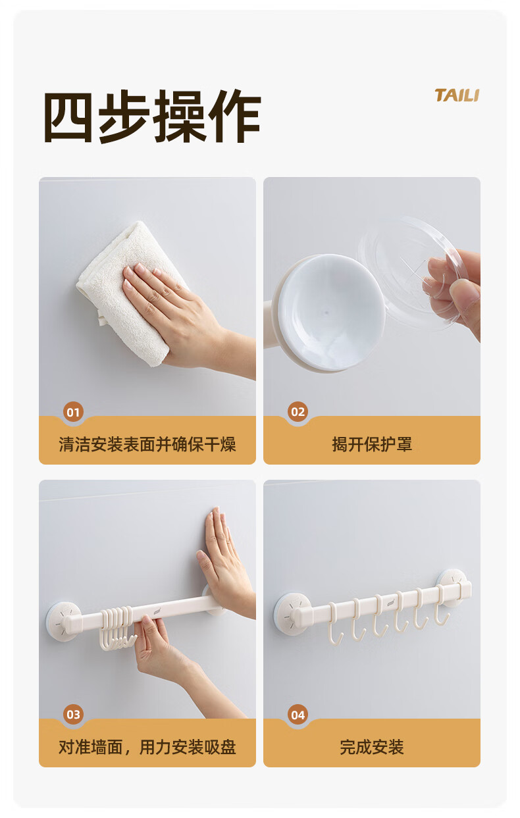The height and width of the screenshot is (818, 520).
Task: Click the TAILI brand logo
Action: coord(457,95)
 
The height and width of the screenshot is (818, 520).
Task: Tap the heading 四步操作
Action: coord(152,116)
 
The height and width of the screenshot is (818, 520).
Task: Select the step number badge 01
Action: coord(74,412)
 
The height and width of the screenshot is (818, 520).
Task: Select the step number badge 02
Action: coord(298,412)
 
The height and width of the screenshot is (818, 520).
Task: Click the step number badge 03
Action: coord(74,715)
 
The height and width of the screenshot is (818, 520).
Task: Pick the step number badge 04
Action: coord(298,715)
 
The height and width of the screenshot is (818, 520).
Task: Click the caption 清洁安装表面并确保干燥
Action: coord(147,444)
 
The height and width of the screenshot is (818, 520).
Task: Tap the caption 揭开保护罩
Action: coord(372,444)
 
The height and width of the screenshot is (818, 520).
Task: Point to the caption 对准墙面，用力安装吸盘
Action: coord(147,747)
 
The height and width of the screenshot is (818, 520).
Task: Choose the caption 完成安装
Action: coord(372,747)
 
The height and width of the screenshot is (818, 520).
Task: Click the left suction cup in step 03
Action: coord(64,621)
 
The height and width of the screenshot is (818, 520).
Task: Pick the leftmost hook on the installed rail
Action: coord(334,623)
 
